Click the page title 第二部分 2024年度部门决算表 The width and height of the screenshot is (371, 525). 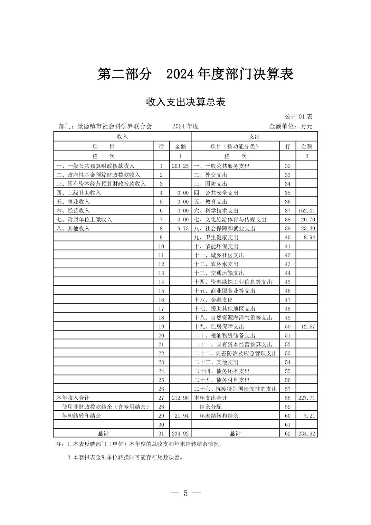pyautogui.click(x=195, y=74)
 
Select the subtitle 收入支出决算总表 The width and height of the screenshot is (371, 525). pyautogui.click(x=185, y=102)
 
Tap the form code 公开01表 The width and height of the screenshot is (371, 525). pyautogui.click(x=298, y=116)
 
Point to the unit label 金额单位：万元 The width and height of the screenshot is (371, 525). pyautogui.click(x=291, y=126)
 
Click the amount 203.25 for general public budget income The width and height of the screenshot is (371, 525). pyautogui.click(x=180, y=166)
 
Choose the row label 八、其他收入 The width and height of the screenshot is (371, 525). pyautogui.click(x=73, y=228)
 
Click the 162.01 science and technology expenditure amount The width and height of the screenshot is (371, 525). pyautogui.click(x=307, y=210)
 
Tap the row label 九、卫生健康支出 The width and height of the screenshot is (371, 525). pyautogui.click(x=216, y=237)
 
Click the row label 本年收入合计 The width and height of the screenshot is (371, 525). pyautogui.click(x=73, y=398)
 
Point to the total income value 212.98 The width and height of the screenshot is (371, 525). pyautogui.click(x=180, y=398)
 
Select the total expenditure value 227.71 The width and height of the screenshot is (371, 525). pyautogui.click(x=307, y=398)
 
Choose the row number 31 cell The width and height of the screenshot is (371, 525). pyautogui.click(x=161, y=433)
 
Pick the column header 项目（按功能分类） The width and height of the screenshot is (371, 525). pyautogui.click(x=234, y=146)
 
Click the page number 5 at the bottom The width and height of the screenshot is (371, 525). pyautogui.click(x=185, y=493)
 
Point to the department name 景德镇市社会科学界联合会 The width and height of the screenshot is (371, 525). pyautogui.click(x=114, y=126)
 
